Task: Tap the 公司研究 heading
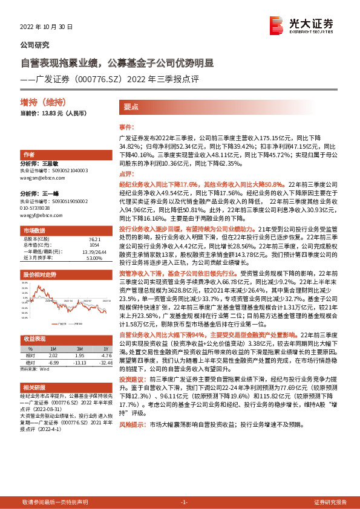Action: [35, 45]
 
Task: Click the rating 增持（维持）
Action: [43, 102]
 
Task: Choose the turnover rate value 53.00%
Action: [94, 258]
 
